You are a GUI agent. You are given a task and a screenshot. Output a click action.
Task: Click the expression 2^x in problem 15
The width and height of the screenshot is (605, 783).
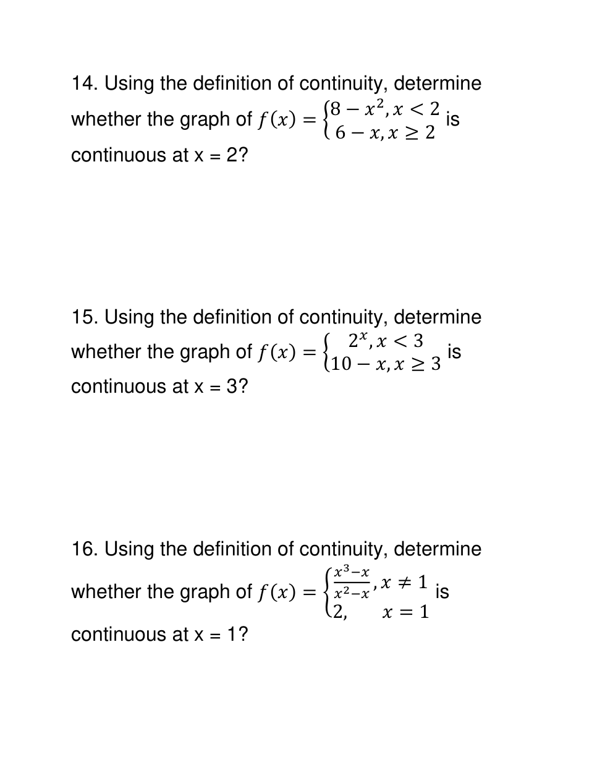(358, 341)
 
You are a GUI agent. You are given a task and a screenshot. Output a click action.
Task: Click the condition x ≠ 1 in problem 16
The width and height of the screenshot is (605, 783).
(404, 582)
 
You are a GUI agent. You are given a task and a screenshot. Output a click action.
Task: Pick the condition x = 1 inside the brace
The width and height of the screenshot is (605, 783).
(405, 612)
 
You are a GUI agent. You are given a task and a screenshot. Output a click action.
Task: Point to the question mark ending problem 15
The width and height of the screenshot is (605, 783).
(243, 387)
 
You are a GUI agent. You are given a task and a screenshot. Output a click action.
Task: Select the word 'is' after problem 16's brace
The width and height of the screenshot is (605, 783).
(442, 592)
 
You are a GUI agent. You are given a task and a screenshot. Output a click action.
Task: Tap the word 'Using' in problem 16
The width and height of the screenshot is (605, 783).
(129, 549)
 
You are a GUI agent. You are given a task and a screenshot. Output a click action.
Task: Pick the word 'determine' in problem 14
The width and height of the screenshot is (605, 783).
(437, 83)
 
